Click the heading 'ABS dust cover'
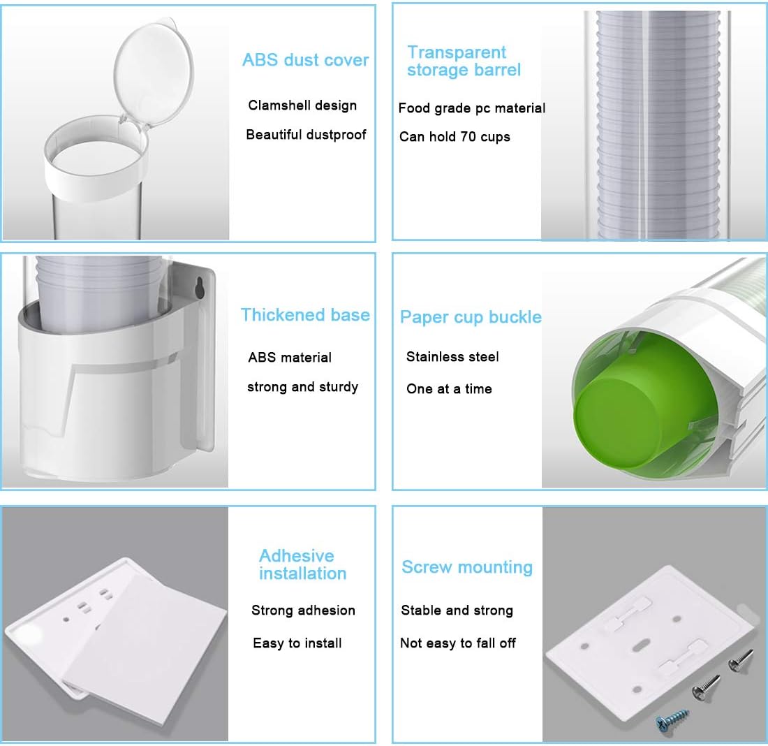click(305, 60)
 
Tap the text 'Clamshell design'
click(302, 105)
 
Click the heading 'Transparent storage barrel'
click(464, 61)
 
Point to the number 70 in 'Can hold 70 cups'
click(468, 136)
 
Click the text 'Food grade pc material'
click(472, 108)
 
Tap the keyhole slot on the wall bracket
click(200, 288)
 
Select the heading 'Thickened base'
click(305, 314)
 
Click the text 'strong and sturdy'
click(303, 387)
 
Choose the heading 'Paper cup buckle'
click(471, 317)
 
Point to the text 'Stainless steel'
click(452, 357)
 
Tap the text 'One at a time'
click(449, 388)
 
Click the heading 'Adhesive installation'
click(303, 564)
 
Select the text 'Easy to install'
click(297, 643)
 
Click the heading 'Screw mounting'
click(467, 567)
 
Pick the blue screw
click(672, 718)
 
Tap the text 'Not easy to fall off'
click(458, 643)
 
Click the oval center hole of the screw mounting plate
click(638, 648)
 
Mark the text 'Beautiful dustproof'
click(306, 135)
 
